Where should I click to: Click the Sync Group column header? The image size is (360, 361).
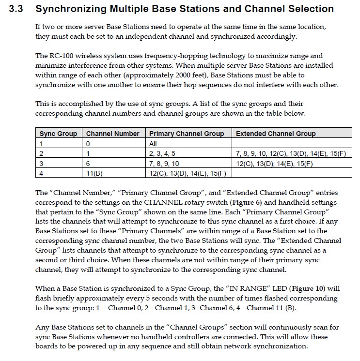(x=58, y=134)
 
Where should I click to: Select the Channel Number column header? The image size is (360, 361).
(x=112, y=134)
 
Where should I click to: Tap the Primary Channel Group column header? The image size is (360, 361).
(x=187, y=134)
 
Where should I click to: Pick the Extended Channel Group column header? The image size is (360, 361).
(x=275, y=134)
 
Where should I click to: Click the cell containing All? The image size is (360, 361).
(x=154, y=144)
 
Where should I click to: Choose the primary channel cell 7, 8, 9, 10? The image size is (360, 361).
(x=164, y=163)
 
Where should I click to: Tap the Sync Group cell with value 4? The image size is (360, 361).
(x=42, y=173)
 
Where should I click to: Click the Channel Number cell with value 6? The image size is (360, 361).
(x=88, y=163)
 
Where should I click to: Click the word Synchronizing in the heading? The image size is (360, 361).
(x=71, y=9)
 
